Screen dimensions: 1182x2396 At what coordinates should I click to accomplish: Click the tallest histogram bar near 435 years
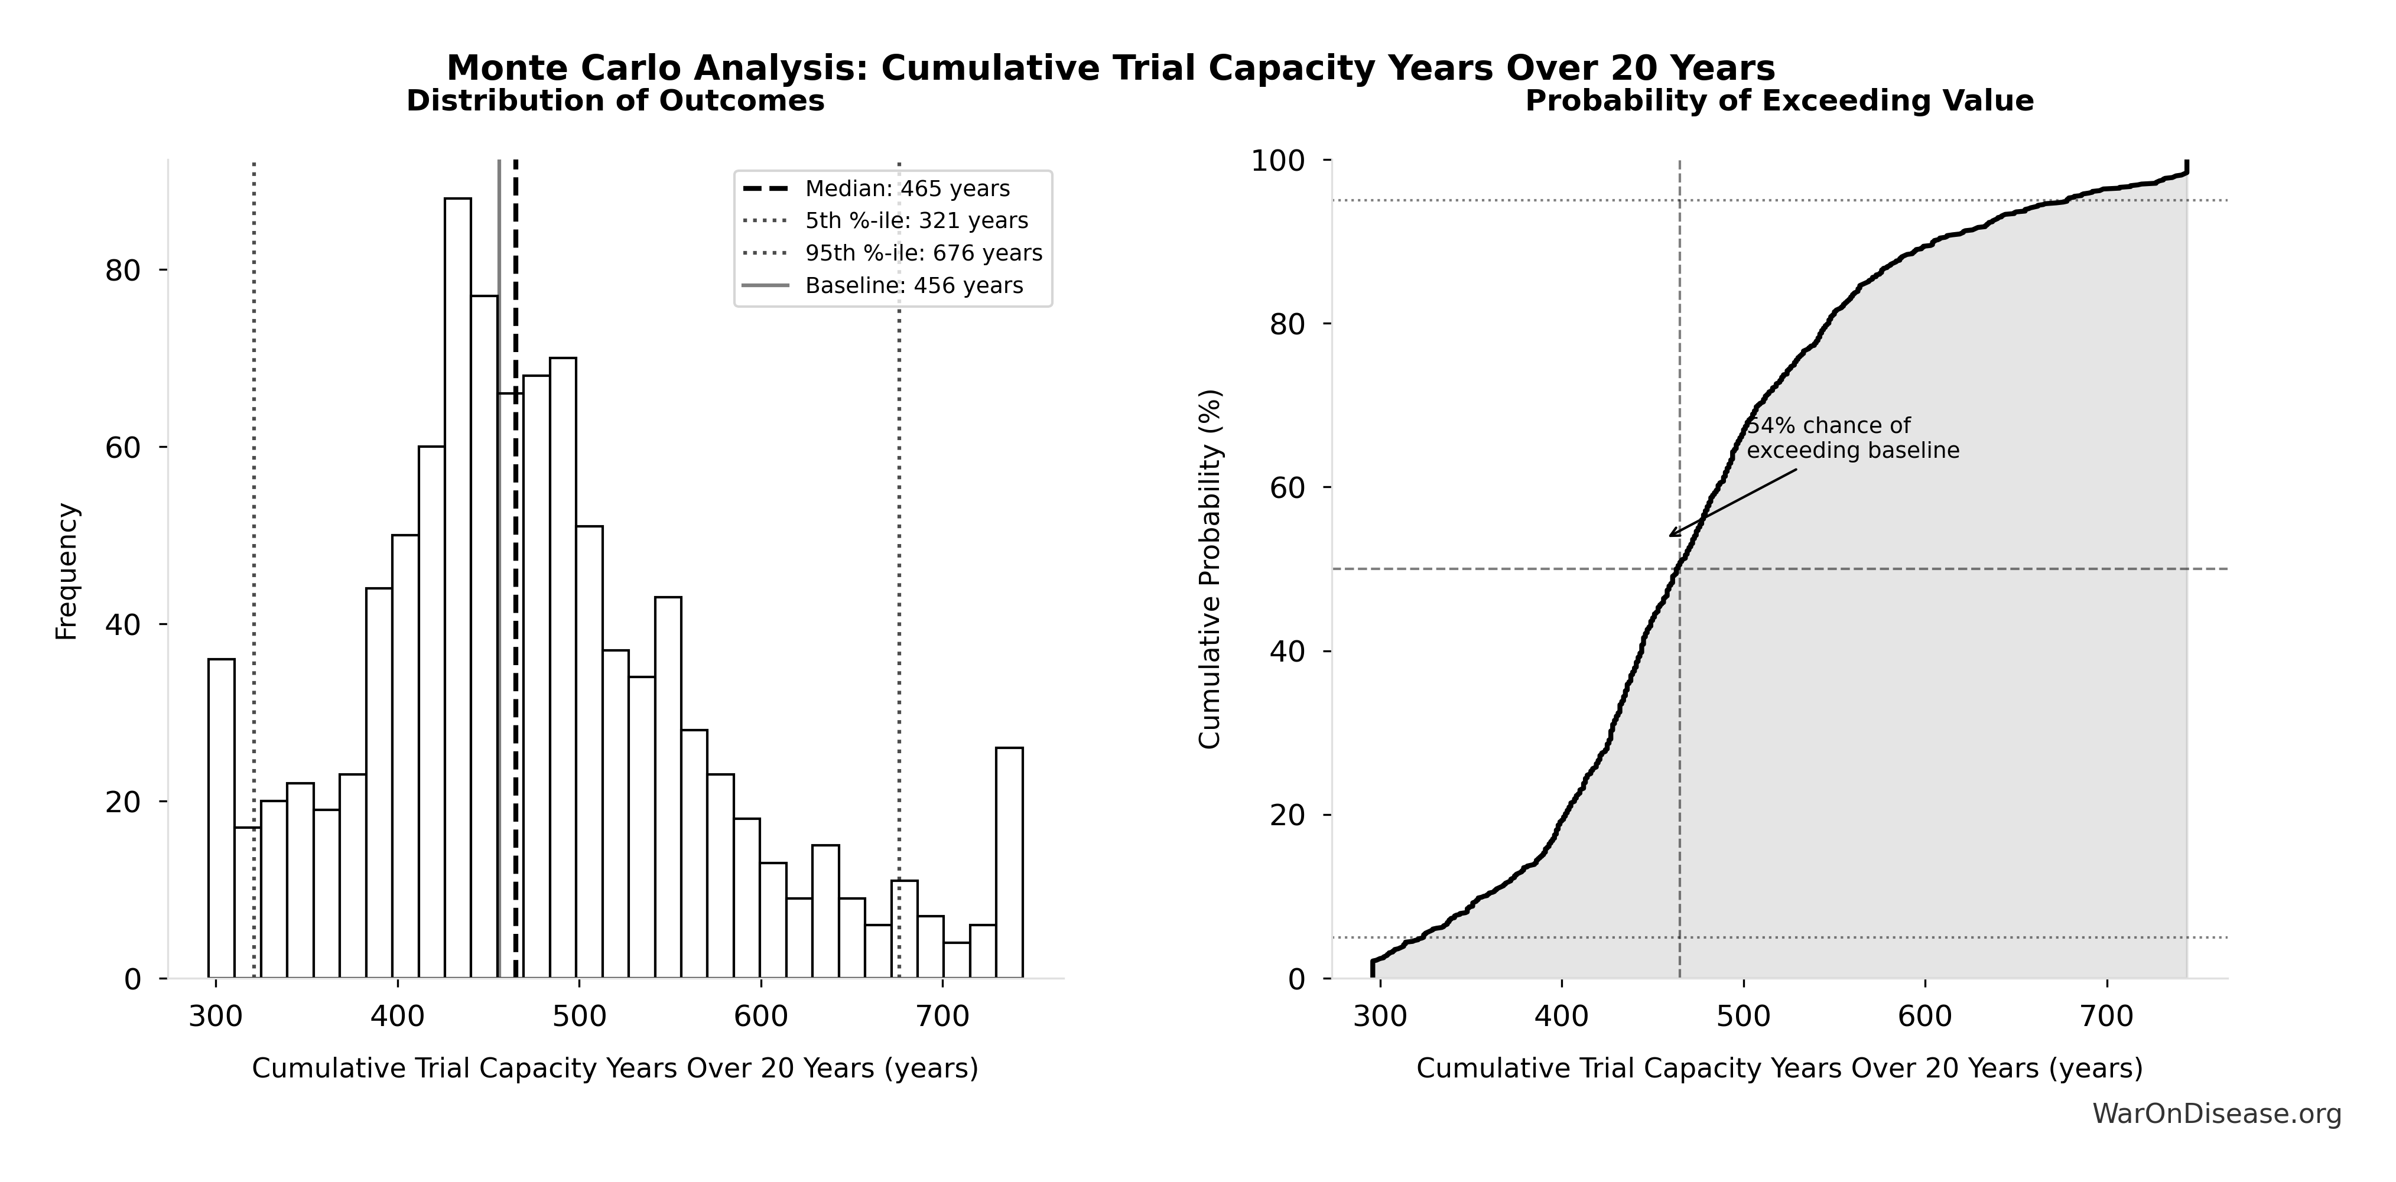(x=457, y=586)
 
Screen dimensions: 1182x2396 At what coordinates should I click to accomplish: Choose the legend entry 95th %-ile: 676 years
(x=923, y=253)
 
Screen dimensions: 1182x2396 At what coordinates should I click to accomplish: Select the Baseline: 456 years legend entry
(x=913, y=285)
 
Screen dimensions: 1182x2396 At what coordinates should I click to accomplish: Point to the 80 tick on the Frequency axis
(x=123, y=271)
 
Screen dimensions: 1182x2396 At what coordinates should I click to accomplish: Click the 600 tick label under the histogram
(x=761, y=1015)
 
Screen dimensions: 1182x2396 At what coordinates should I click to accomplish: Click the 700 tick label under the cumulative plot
(x=2106, y=1015)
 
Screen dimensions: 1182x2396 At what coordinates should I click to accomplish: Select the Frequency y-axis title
(x=67, y=571)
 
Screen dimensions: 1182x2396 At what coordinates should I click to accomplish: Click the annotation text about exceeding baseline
(x=1851, y=438)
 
